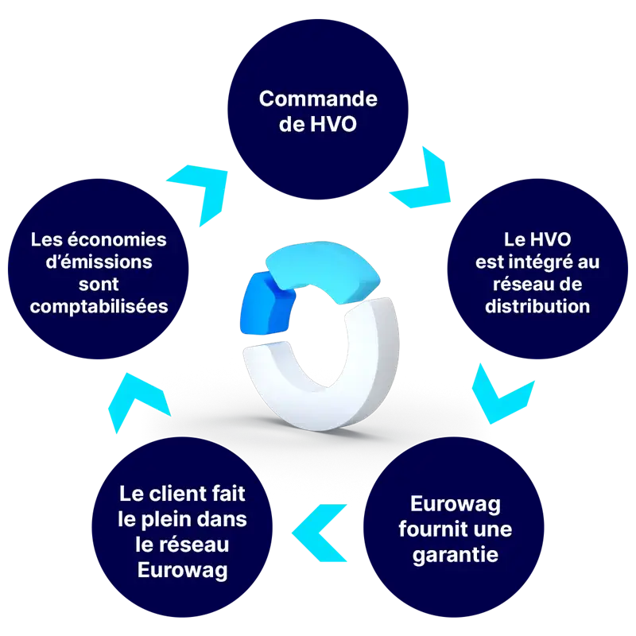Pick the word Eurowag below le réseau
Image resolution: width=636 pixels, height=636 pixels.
[183, 569]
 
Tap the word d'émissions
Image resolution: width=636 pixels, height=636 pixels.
[99, 262]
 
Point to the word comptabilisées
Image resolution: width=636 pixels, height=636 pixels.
[99, 306]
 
